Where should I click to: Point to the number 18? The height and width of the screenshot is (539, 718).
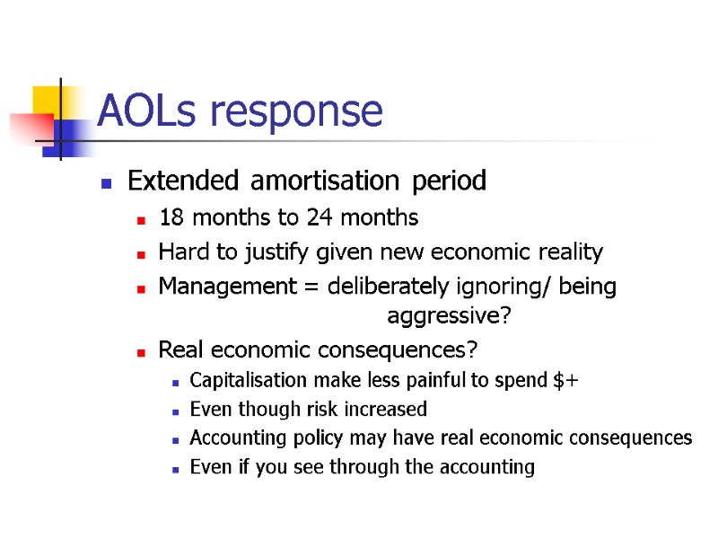(x=169, y=217)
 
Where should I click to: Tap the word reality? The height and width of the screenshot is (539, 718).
(x=571, y=252)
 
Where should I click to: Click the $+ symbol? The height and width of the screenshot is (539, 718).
(x=567, y=381)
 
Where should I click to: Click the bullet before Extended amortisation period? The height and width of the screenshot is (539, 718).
(x=106, y=182)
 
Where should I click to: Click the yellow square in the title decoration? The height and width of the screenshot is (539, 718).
(x=47, y=101)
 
